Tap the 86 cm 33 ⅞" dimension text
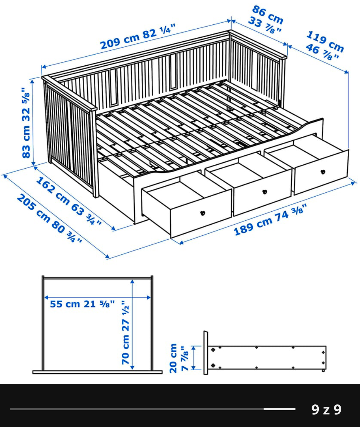(266, 20)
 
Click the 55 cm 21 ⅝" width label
(82, 304)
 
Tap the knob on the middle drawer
(265, 191)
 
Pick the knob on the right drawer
(322, 172)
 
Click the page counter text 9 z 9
(326, 409)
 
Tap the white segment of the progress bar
(279, 409)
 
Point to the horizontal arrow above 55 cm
(97, 297)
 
